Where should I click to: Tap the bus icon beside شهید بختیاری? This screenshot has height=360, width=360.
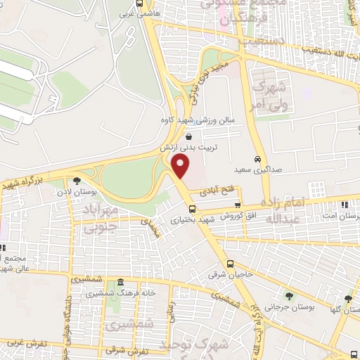click(193, 208)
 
